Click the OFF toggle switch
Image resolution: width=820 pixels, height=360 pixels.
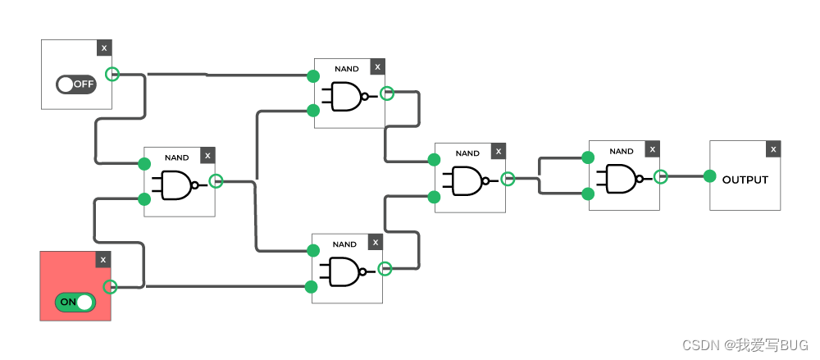tap(76, 84)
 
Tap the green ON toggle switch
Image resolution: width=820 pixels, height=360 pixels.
tap(75, 302)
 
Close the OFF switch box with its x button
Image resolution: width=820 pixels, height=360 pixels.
tap(104, 48)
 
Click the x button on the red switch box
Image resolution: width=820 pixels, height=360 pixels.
tap(102, 260)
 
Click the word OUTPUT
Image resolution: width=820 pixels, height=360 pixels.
tap(745, 180)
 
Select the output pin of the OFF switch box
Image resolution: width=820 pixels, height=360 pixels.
tap(113, 74)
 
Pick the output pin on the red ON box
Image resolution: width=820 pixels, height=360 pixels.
tap(111, 286)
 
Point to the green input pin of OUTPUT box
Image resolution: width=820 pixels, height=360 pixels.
tap(710, 176)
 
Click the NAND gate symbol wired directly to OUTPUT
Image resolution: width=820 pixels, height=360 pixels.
tap(620, 177)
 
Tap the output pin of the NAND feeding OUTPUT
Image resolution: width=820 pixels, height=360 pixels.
tap(660, 176)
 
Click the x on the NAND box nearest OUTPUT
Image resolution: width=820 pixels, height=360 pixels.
tap(652, 149)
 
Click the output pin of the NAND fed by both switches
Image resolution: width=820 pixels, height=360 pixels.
tap(216, 181)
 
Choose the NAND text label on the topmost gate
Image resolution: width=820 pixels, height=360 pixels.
tap(346, 69)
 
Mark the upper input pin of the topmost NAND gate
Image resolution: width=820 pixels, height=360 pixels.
tap(312, 76)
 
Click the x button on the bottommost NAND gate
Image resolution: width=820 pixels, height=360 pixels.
tap(375, 242)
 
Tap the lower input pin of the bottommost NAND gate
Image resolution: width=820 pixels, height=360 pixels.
tap(311, 287)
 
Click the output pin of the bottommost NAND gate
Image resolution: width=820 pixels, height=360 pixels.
tap(385, 268)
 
